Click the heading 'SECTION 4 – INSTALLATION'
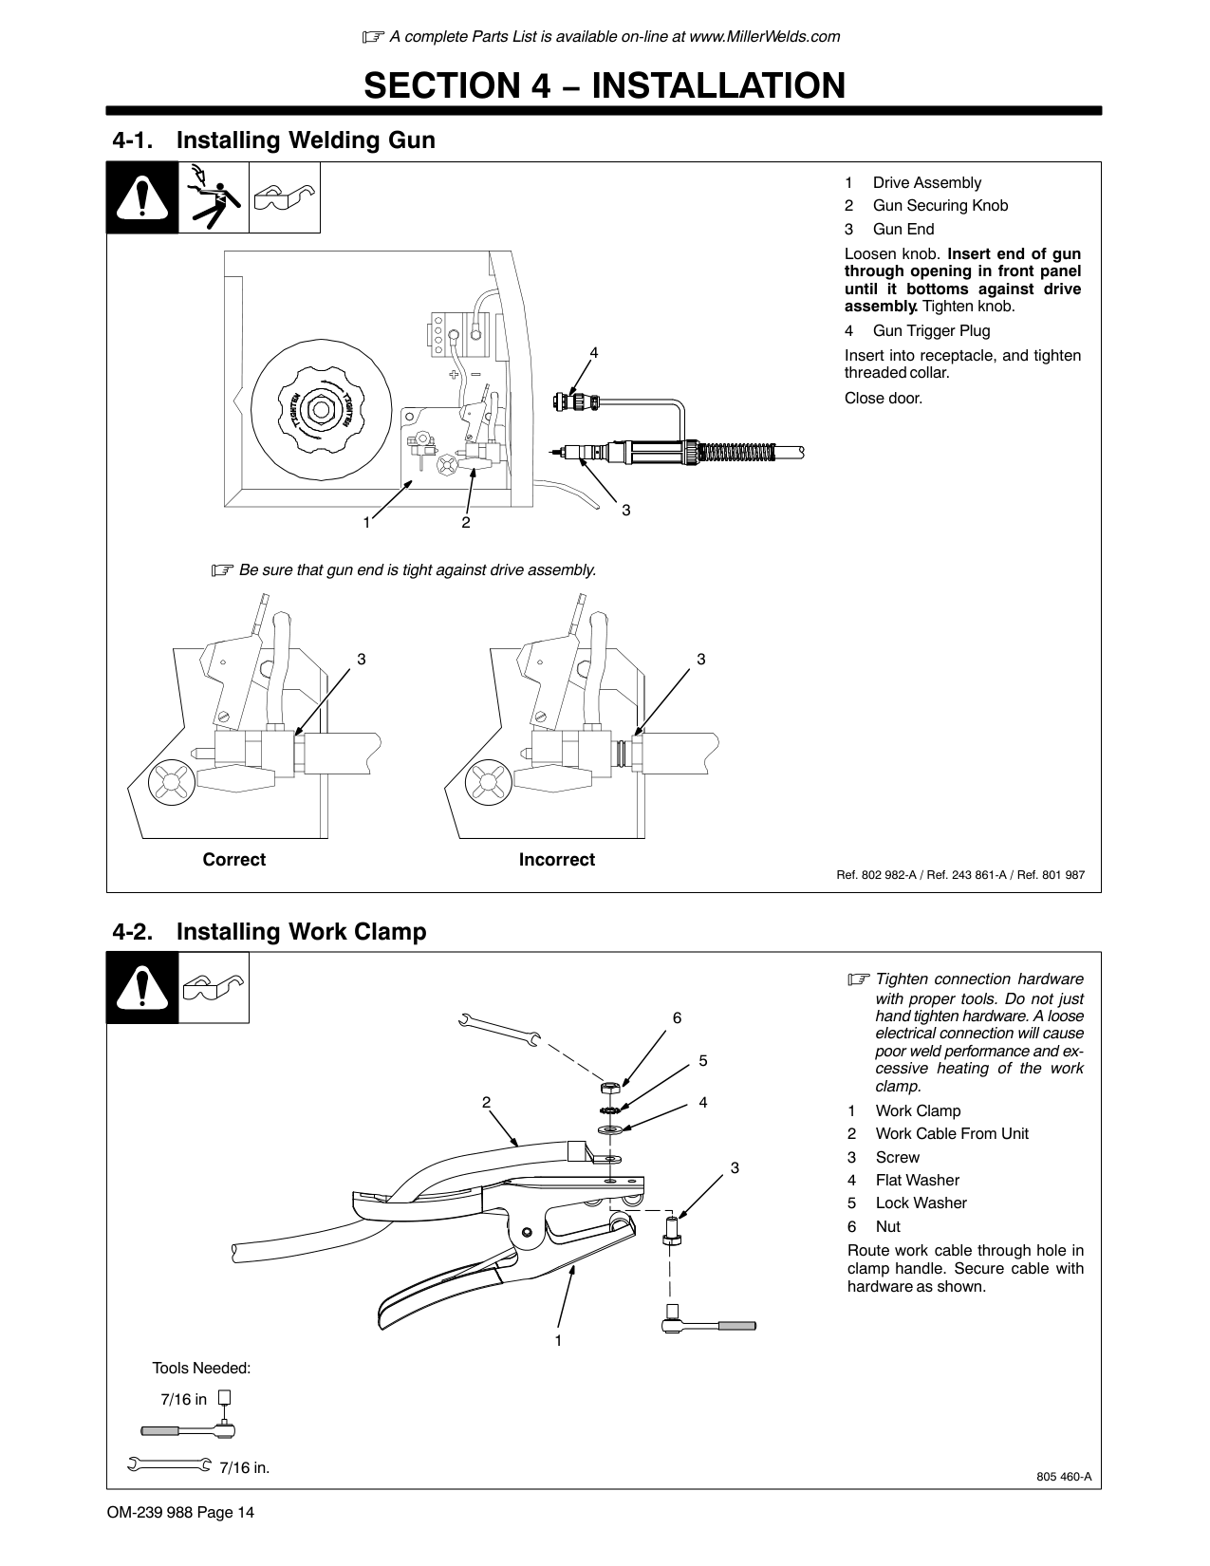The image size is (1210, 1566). pyautogui.click(x=605, y=85)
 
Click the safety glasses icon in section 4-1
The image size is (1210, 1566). pyautogui.click(x=285, y=198)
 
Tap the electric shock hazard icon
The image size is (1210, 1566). pyautogui.click(x=214, y=197)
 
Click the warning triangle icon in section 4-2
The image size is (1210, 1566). pyautogui.click(x=142, y=988)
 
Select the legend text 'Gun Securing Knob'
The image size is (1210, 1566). pyautogui.click(x=940, y=206)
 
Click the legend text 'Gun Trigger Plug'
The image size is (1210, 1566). pyautogui.click(x=931, y=331)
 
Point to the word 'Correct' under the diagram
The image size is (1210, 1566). pyautogui.click(x=233, y=860)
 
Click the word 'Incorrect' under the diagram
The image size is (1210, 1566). pyautogui.click(x=556, y=860)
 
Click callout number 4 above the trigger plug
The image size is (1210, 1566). pyautogui.click(x=594, y=352)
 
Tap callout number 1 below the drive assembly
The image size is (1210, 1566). pyautogui.click(x=365, y=522)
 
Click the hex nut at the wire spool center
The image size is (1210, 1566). pyautogui.click(x=321, y=410)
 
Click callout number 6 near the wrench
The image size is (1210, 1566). pyautogui.click(x=677, y=1017)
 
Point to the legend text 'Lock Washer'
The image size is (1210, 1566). pyautogui.click(x=921, y=1203)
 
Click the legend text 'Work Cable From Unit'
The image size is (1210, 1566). pyautogui.click(x=951, y=1134)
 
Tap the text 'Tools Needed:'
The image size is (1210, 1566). pyautogui.click(x=201, y=1369)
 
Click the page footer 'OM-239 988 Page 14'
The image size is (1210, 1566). pyautogui.click(x=180, y=1513)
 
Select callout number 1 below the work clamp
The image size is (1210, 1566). pyautogui.click(x=558, y=1340)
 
